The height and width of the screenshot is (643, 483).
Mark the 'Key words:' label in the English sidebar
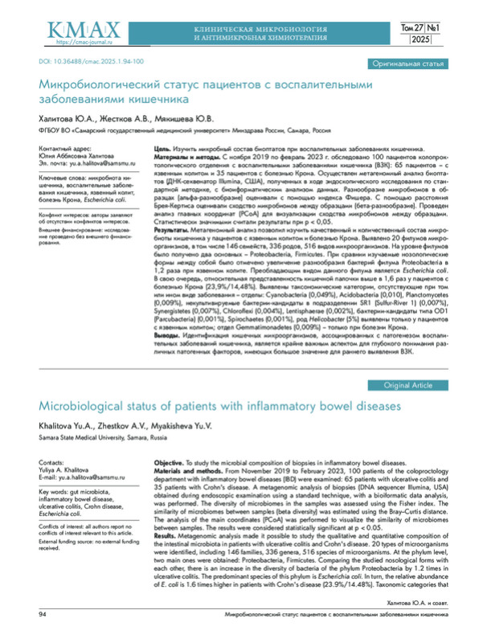(x=56, y=494)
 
